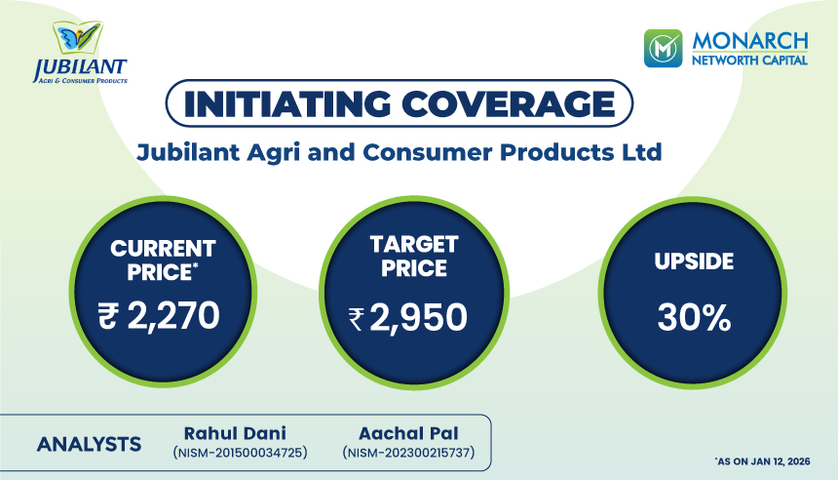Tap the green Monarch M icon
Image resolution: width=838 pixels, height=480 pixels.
pos(663,49)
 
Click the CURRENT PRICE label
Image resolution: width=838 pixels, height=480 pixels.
pos(163,260)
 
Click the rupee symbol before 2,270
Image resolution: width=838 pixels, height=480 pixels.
pos(107,316)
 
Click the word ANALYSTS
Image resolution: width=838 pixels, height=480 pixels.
pos(90,444)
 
